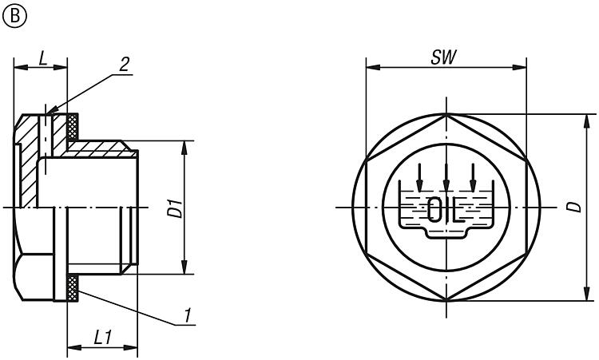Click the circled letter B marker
pyautogui.click(x=14, y=16)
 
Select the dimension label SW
pyautogui.click(x=443, y=57)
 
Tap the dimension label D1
pyautogui.click(x=177, y=208)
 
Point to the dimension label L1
pyautogui.click(x=103, y=338)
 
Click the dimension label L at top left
pyautogui.click(x=43, y=58)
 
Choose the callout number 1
pyautogui.click(x=187, y=316)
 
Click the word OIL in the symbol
pyautogui.click(x=446, y=210)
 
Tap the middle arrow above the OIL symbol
pyautogui.click(x=446, y=177)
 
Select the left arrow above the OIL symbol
pyautogui.click(x=419, y=177)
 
